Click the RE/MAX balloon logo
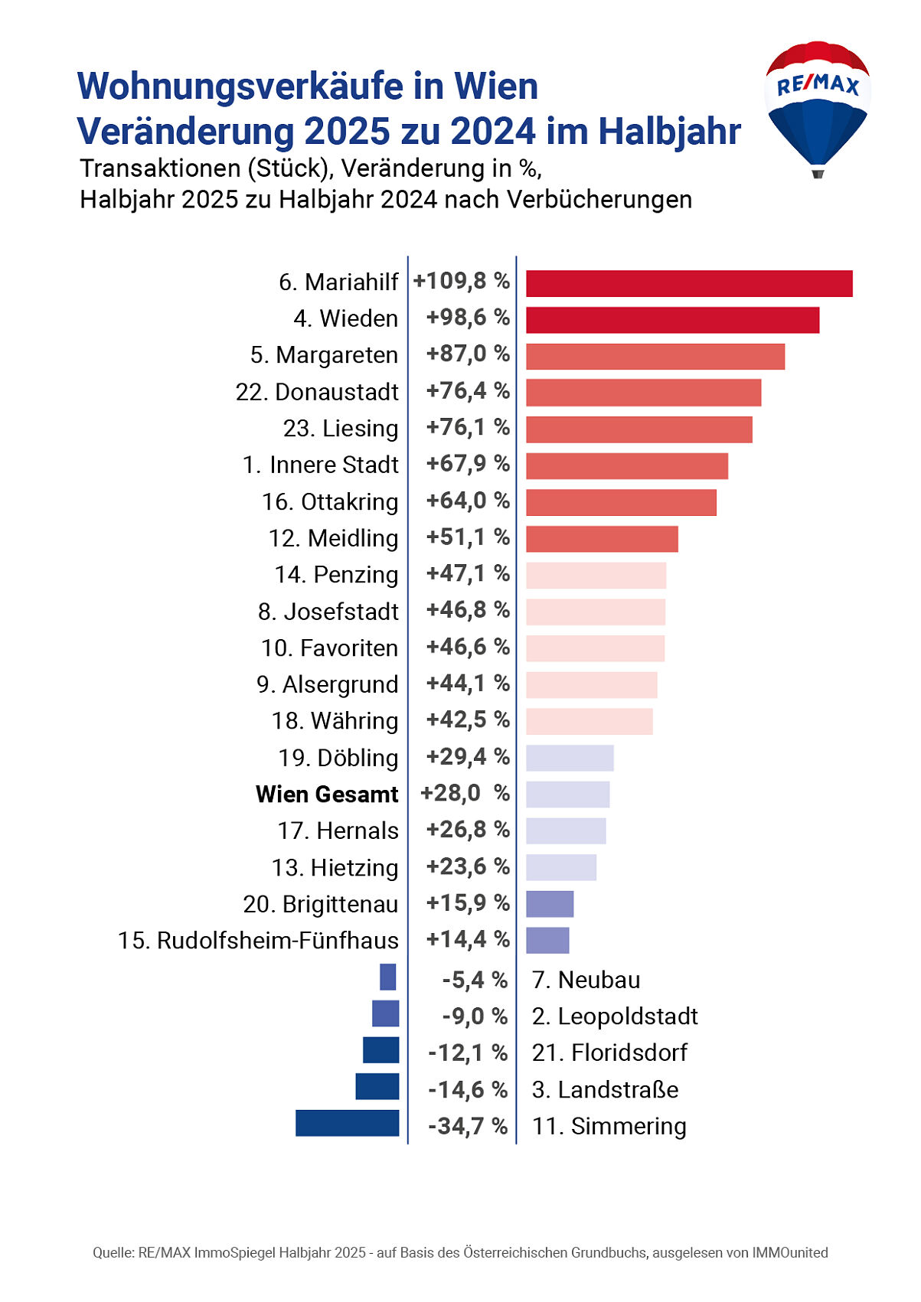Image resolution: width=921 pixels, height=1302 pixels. pos(817,107)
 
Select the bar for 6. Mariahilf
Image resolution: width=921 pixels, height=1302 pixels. pos(689,283)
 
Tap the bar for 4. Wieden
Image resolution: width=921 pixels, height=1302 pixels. pos(672,320)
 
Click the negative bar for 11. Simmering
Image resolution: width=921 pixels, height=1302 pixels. pos(348,1123)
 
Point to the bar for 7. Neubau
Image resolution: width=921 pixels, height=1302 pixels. pos(388,977)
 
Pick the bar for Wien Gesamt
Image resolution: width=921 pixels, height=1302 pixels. pos(567,795)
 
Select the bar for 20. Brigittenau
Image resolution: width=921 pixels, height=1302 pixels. pos(550,904)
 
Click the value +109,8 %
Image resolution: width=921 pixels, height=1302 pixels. pos(462,281)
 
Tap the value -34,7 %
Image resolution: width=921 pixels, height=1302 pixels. pos(468,1126)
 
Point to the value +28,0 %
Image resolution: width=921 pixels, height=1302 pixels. pos(465,793)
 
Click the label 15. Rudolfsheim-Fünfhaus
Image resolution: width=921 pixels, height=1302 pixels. pos(258,941)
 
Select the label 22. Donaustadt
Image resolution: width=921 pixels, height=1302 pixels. pos(317,392)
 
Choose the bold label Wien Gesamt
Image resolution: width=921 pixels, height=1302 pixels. pos(327,795)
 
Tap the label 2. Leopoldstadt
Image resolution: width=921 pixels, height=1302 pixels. pos(615,1016)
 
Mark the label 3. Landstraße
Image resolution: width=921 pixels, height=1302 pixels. pos(605,1089)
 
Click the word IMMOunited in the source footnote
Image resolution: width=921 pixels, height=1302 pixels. pos(789,1253)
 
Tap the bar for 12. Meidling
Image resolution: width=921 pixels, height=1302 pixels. pos(602,539)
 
